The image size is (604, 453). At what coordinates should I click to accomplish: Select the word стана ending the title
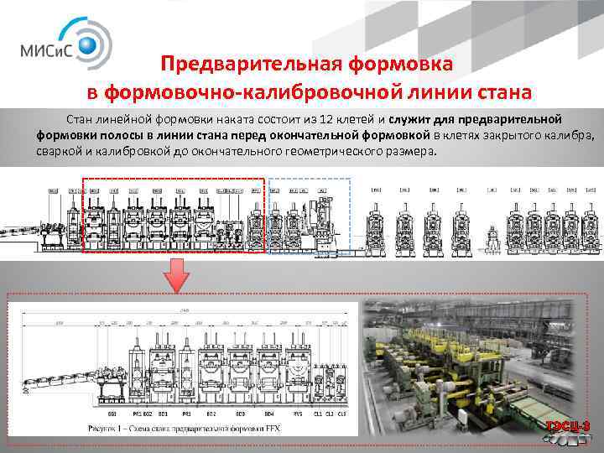pos(502,91)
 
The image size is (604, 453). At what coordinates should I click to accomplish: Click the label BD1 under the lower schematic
pos(164,414)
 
